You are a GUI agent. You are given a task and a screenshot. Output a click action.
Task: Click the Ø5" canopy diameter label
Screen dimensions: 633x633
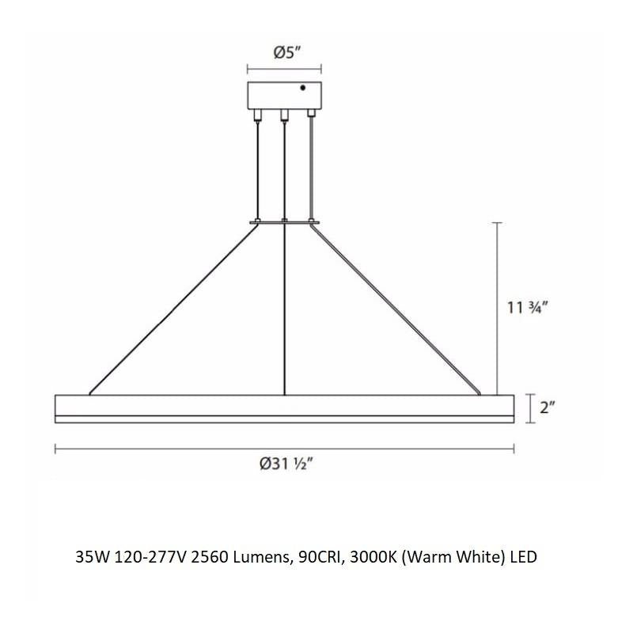pos(288,52)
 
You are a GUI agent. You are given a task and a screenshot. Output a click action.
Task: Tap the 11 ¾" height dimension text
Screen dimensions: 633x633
pos(527,308)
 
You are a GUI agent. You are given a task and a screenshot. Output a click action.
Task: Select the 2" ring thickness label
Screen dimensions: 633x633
pos(548,407)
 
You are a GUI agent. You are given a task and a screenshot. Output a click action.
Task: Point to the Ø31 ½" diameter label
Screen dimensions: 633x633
pos(286,464)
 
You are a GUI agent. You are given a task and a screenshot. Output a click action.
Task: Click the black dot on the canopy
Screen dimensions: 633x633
pos(303,88)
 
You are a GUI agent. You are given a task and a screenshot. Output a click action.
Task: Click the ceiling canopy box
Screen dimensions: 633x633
pos(285,95)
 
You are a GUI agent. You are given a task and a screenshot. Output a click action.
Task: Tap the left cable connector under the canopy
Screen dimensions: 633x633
pos(256,115)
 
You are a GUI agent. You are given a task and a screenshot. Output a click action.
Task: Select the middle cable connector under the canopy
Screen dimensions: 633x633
pos(284,115)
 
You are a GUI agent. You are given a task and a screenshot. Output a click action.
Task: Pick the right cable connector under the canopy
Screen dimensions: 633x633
pos(311,112)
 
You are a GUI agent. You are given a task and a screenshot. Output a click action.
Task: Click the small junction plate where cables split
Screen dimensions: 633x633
pos(285,222)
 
